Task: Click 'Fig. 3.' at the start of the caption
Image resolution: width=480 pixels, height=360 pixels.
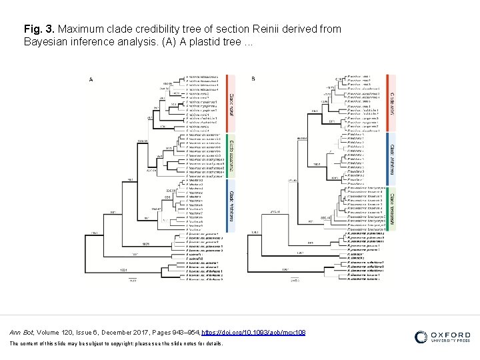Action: click(x=39, y=29)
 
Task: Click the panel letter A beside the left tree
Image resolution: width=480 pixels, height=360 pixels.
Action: click(x=91, y=79)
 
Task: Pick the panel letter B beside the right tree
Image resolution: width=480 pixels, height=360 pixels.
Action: click(x=253, y=79)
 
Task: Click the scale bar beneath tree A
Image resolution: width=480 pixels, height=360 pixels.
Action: click(x=133, y=277)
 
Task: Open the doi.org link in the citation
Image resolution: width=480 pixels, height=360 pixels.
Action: click(x=253, y=332)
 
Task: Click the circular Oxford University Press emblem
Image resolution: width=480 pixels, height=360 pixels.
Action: click(x=421, y=337)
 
